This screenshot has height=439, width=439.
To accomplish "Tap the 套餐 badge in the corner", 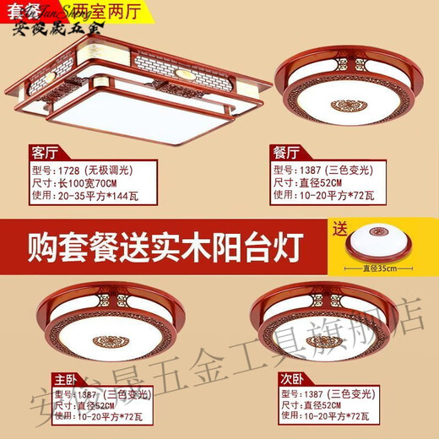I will coord(20,10).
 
